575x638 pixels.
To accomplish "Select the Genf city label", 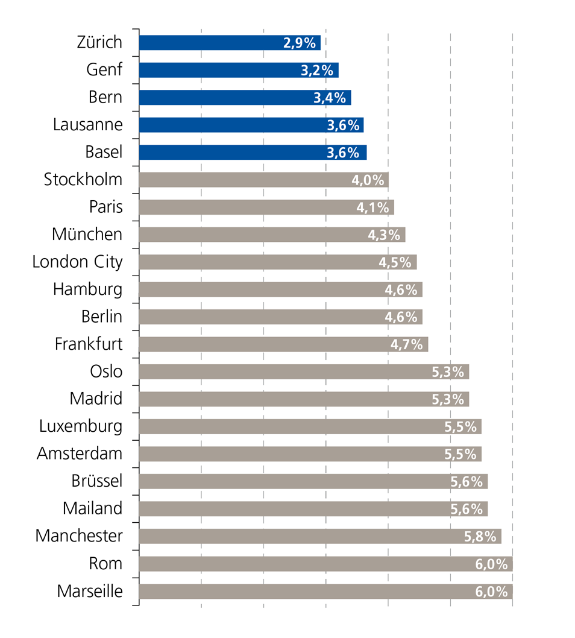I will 104,70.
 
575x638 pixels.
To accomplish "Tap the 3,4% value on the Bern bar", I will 330,98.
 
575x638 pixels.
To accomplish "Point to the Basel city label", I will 104,153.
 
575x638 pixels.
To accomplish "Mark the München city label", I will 87,235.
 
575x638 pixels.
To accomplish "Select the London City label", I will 77,262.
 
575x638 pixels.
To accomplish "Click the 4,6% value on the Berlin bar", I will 401,317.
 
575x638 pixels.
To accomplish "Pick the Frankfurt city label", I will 89,344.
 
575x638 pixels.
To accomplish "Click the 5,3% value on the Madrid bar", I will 448,399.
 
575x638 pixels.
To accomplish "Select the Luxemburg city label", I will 81,427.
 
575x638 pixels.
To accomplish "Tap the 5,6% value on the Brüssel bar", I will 467,482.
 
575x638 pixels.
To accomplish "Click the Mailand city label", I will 92,509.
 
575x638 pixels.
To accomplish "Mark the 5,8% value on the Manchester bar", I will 480,537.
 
